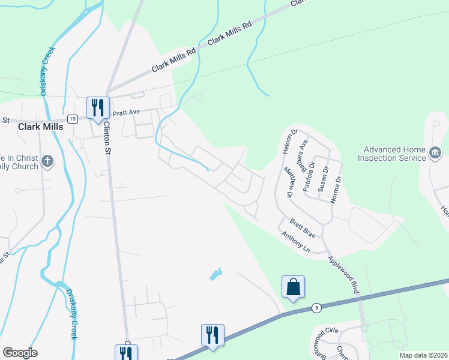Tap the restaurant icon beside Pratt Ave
click(98, 108)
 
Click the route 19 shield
click(72, 119)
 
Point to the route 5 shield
click(316, 308)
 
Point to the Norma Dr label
click(338, 187)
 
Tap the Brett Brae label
click(303, 229)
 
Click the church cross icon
click(48, 161)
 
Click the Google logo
click(20, 353)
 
